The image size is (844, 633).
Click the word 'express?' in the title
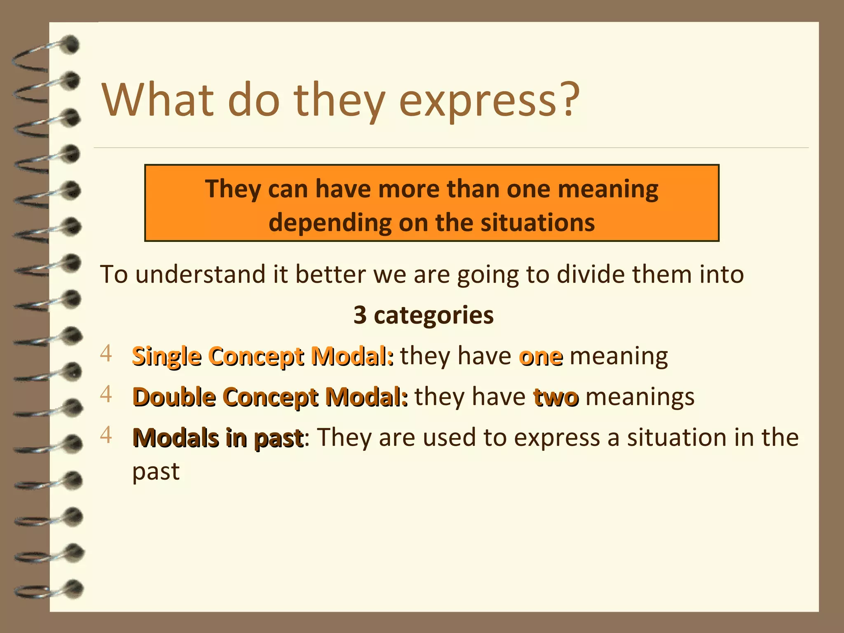coord(490,101)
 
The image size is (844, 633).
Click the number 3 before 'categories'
coord(360,315)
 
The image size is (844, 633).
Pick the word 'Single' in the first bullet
coord(166,356)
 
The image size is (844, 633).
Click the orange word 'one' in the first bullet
coord(541,356)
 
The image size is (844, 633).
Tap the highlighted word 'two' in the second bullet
coord(556,398)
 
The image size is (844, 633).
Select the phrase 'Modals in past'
coord(218,438)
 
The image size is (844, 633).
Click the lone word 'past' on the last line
coord(156,471)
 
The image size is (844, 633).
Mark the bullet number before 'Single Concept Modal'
coord(106,354)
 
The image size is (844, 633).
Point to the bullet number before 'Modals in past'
coord(106,435)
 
